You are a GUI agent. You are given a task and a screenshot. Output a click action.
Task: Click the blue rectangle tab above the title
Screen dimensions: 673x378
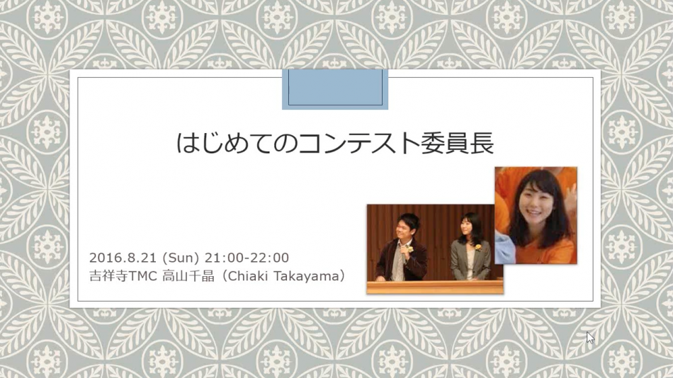pyautogui.click(x=335, y=88)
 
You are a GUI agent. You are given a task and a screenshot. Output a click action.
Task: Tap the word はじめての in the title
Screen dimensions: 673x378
pyautogui.click(x=237, y=143)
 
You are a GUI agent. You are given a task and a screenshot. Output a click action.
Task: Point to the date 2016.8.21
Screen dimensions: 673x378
pyautogui.click(x=123, y=258)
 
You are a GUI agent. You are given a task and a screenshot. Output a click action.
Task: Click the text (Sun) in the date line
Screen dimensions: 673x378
pyautogui.click(x=181, y=258)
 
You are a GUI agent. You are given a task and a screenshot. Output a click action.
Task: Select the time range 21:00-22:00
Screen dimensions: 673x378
pyautogui.click(x=247, y=258)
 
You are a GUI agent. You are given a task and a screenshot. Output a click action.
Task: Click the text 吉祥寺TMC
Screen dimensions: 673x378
pyautogui.click(x=123, y=276)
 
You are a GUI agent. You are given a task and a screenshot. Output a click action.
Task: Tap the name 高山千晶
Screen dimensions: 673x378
pyautogui.click(x=188, y=276)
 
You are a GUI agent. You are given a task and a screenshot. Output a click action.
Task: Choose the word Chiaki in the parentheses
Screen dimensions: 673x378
pyautogui.click(x=248, y=276)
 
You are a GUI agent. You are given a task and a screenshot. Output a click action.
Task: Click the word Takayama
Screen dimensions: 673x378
pyautogui.click(x=306, y=277)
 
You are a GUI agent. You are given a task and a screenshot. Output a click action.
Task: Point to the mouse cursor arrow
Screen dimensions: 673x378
pyautogui.click(x=591, y=338)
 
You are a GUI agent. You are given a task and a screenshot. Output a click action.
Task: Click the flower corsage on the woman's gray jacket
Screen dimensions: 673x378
pyautogui.click(x=477, y=247)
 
